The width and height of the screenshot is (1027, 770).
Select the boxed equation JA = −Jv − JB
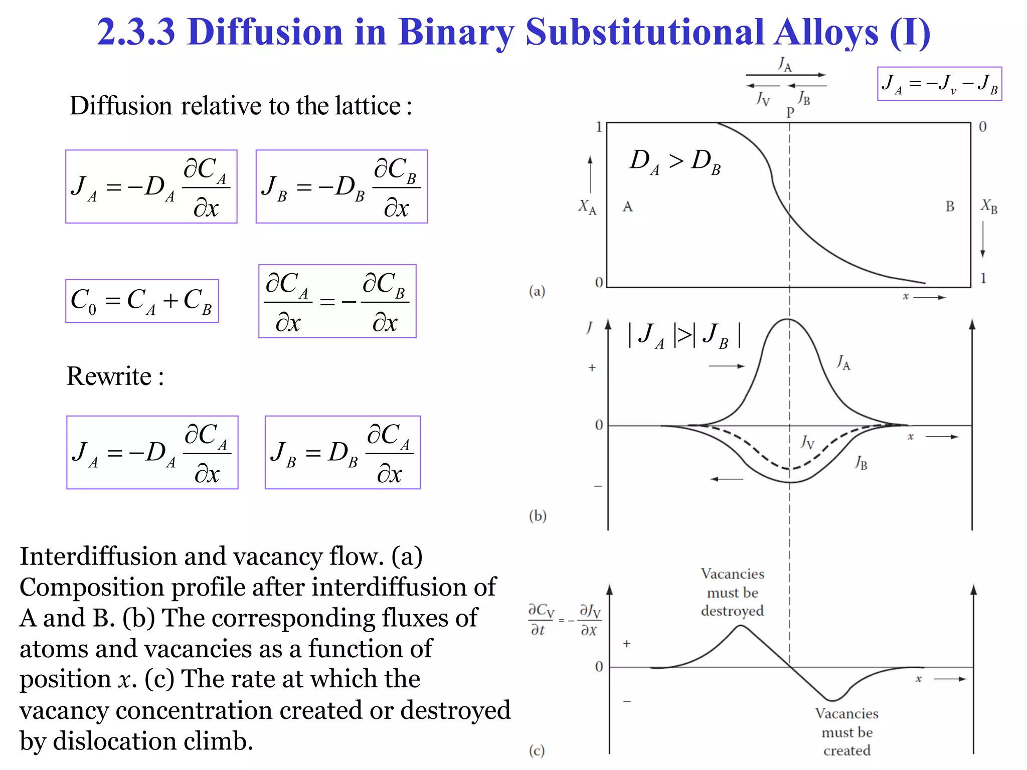(939, 84)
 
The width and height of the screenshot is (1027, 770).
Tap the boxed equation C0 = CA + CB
(142, 301)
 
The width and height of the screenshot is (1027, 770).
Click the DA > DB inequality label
(675, 162)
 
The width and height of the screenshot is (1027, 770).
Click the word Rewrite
(109, 376)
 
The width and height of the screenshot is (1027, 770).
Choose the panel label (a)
(537, 291)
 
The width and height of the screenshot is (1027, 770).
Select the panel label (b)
(537, 516)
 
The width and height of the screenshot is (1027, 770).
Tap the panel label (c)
(537, 750)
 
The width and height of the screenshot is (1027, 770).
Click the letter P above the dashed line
(790, 112)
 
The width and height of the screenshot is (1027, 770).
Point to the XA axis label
(587, 206)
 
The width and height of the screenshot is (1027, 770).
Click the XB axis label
(989, 206)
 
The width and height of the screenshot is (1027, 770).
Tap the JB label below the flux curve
(861, 462)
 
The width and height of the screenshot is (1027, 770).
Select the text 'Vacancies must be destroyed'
(732, 592)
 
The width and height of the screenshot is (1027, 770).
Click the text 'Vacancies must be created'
(846, 732)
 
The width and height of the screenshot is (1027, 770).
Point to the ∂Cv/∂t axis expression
(542, 620)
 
